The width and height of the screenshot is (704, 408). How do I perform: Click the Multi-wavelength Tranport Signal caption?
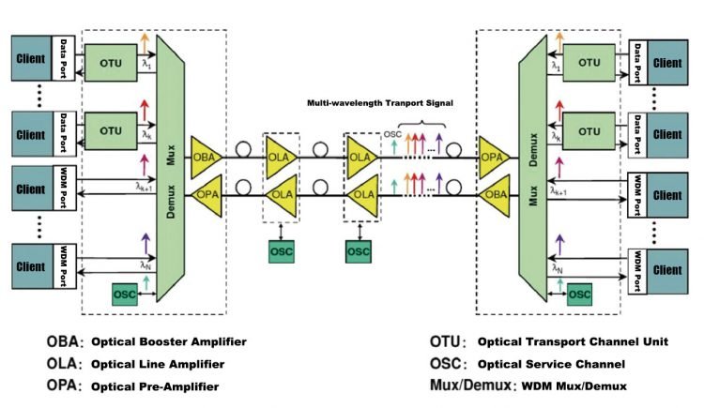(380, 103)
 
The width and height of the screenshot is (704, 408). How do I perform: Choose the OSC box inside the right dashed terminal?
(580, 295)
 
